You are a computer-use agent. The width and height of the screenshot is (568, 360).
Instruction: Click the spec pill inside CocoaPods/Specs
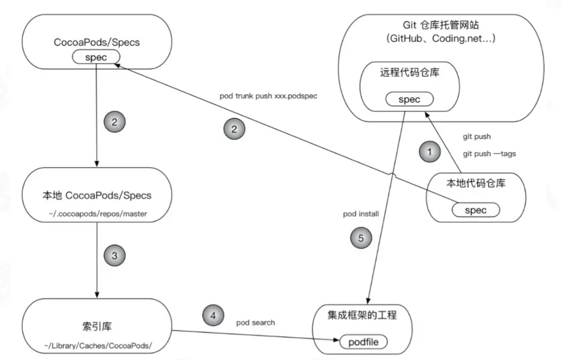96,56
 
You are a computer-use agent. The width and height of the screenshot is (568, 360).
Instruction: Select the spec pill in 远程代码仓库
409,100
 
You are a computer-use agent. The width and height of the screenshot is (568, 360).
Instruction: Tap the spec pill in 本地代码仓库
475,210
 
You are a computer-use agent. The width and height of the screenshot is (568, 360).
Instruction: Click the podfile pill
363,342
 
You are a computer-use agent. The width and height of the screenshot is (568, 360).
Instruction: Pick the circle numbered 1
430,152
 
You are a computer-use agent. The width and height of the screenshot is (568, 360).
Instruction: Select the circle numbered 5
361,238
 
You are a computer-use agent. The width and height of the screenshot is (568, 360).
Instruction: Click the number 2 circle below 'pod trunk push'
234,128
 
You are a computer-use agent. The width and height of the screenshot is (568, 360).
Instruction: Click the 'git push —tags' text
489,153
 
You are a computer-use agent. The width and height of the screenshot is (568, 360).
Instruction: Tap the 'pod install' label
361,214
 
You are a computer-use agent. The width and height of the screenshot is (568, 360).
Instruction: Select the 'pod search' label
256,323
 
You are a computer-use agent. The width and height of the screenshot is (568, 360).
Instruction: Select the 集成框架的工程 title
362,315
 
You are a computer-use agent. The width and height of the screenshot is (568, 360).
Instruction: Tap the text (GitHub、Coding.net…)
443,39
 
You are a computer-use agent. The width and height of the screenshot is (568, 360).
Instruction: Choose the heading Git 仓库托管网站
442,25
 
